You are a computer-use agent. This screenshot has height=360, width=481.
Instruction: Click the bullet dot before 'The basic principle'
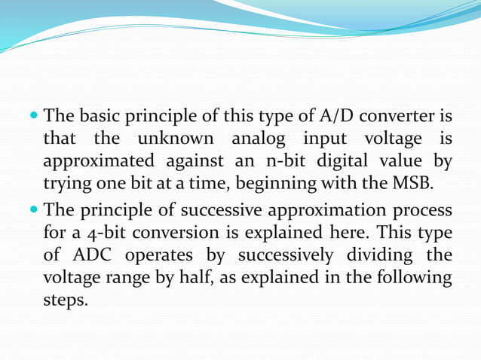click(32, 118)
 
